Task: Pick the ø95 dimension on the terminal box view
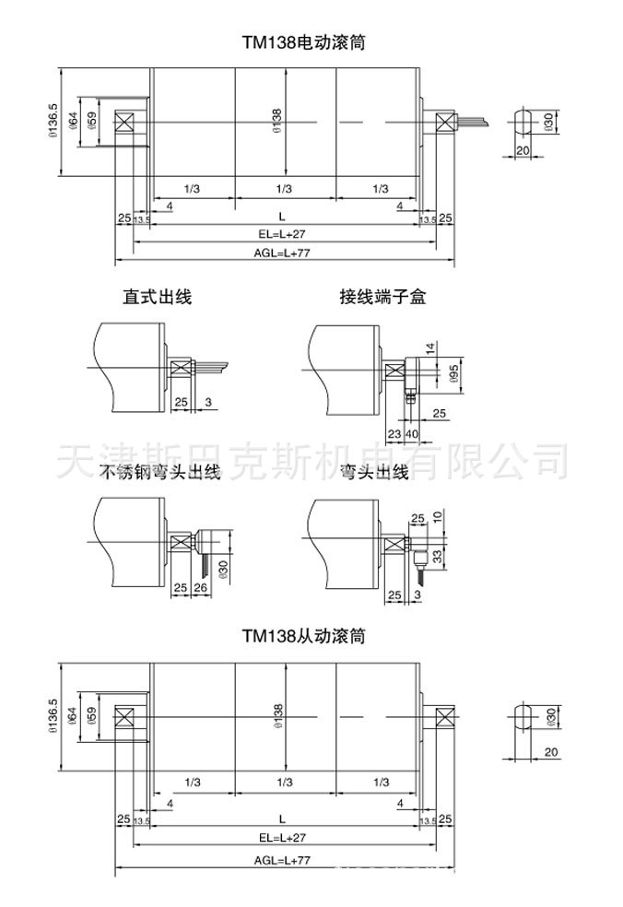(x=453, y=374)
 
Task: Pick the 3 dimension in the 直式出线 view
(x=208, y=402)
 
